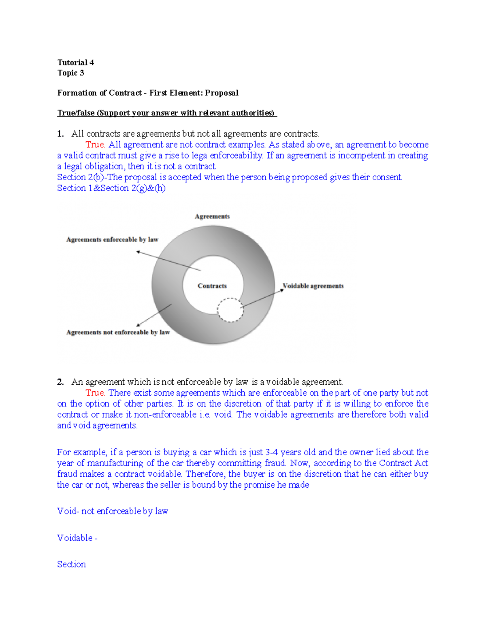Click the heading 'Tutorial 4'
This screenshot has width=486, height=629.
[x=76, y=62]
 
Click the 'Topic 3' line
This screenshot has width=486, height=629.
[x=71, y=73]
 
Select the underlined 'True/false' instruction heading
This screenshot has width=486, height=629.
[x=166, y=113]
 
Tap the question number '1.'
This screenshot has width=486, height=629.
[x=61, y=134]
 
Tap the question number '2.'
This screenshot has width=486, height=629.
[x=61, y=382]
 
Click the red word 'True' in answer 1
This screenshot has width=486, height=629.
[x=95, y=145]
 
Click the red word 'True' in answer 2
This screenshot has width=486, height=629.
[x=95, y=393]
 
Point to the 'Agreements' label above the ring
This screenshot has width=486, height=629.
[x=212, y=217]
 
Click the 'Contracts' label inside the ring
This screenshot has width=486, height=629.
[x=212, y=286]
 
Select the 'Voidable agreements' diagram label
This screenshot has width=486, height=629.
[x=313, y=286]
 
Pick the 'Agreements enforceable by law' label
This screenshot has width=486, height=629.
[x=112, y=240]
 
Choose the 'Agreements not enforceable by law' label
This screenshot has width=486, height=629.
[x=118, y=333]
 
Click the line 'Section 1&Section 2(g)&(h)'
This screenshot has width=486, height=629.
[x=111, y=188]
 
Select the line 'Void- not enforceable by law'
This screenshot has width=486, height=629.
[x=113, y=512]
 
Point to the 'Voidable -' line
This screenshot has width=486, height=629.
[x=77, y=538]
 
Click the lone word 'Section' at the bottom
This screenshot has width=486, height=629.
[x=71, y=565]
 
